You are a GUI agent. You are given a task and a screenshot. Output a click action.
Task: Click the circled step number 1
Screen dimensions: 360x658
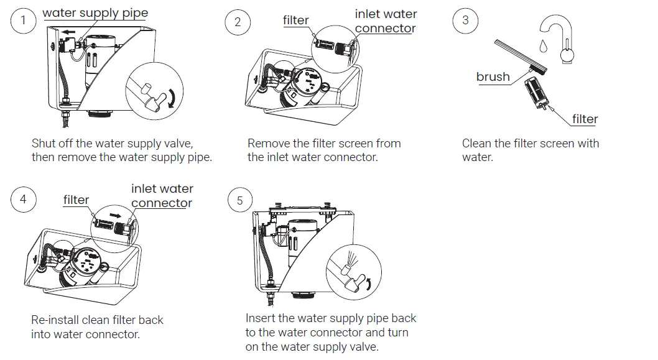[x=24, y=21]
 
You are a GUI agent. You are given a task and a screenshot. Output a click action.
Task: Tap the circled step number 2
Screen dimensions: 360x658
[x=237, y=22]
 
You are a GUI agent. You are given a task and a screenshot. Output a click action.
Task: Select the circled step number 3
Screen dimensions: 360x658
[x=465, y=21]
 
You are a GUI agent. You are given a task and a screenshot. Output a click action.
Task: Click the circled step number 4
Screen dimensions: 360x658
[x=24, y=200]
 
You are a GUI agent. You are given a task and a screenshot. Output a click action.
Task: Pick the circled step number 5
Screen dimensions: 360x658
[x=240, y=200]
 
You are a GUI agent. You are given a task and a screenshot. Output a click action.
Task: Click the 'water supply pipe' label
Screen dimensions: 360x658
[x=95, y=12]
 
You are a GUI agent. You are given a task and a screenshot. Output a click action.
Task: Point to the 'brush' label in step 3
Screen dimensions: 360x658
[x=493, y=77]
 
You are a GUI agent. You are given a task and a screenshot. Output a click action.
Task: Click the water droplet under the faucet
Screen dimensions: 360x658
[x=544, y=46]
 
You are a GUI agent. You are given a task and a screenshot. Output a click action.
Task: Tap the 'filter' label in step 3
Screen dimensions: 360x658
[x=585, y=119]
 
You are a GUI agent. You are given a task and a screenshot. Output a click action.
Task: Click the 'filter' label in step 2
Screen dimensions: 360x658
[x=295, y=20]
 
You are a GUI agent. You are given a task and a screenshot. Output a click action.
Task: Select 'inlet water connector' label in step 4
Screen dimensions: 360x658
[x=162, y=195]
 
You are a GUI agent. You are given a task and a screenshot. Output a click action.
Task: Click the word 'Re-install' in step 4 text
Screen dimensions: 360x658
[x=53, y=320]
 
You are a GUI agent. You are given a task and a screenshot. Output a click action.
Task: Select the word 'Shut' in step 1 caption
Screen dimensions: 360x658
[x=44, y=144]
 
